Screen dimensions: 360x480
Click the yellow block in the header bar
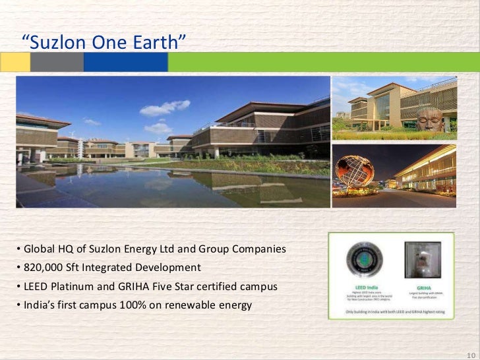point(15,63)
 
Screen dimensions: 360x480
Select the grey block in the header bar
point(57,63)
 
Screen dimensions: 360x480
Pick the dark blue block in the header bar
point(125,63)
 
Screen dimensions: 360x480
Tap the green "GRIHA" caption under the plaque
point(425,289)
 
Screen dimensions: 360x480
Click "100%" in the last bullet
point(128,305)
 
